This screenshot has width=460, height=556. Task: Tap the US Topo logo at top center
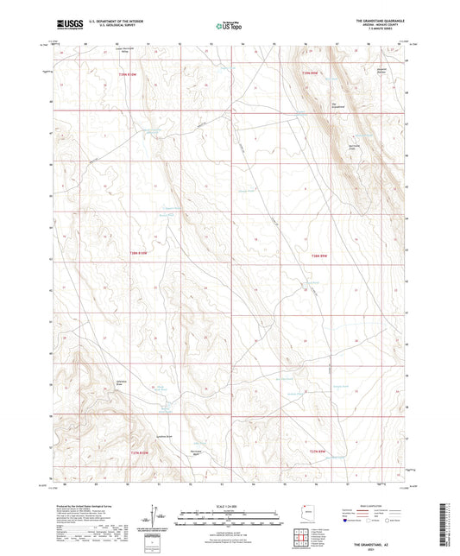pyautogui.click(x=225, y=27)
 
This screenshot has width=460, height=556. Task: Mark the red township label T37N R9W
pyautogui.click(x=319, y=451)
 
